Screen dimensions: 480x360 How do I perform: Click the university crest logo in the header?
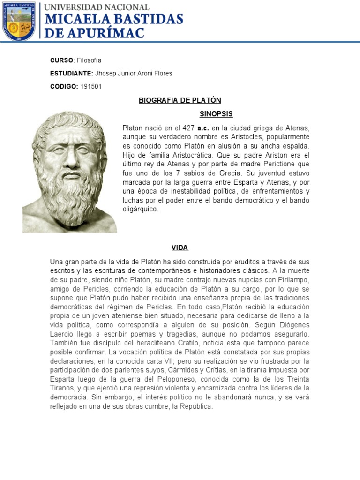pos(19,21)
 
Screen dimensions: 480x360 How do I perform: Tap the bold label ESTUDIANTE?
pos(72,74)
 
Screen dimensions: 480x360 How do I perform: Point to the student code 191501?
pos(91,87)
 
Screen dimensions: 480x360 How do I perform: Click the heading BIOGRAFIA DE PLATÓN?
pos(180,100)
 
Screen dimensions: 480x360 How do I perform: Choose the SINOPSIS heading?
pos(216,114)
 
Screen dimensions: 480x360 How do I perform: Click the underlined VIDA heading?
pos(180,248)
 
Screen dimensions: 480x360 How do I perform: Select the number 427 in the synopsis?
pos(188,128)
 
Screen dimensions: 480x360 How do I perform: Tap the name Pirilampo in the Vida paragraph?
pos(294,280)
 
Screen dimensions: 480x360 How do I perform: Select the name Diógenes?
pos(296,325)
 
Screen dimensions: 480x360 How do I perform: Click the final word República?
pos(197,407)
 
